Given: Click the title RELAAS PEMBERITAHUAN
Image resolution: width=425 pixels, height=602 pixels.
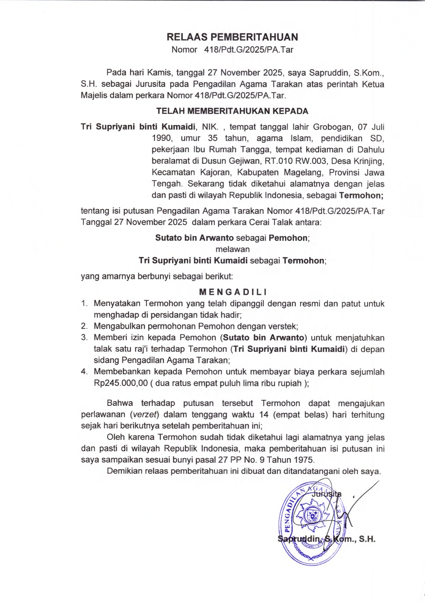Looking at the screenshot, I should pyautogui.click(x=232, y=37).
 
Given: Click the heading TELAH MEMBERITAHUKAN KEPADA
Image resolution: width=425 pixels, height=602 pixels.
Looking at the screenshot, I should pyautogui.click(x=232, y=111).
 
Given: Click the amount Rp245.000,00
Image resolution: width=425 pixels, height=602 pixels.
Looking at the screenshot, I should pyautogui.click(x=121, y=383).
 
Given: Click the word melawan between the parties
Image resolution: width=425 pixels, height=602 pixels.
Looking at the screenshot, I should pyautogui.click(x=232, y=249).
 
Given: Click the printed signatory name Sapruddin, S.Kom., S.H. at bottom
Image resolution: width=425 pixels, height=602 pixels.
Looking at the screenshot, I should pyautogui.click(x=327, y=539).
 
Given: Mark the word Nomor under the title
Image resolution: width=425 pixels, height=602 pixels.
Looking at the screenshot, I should pyautogui.click(x=184, y=50).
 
